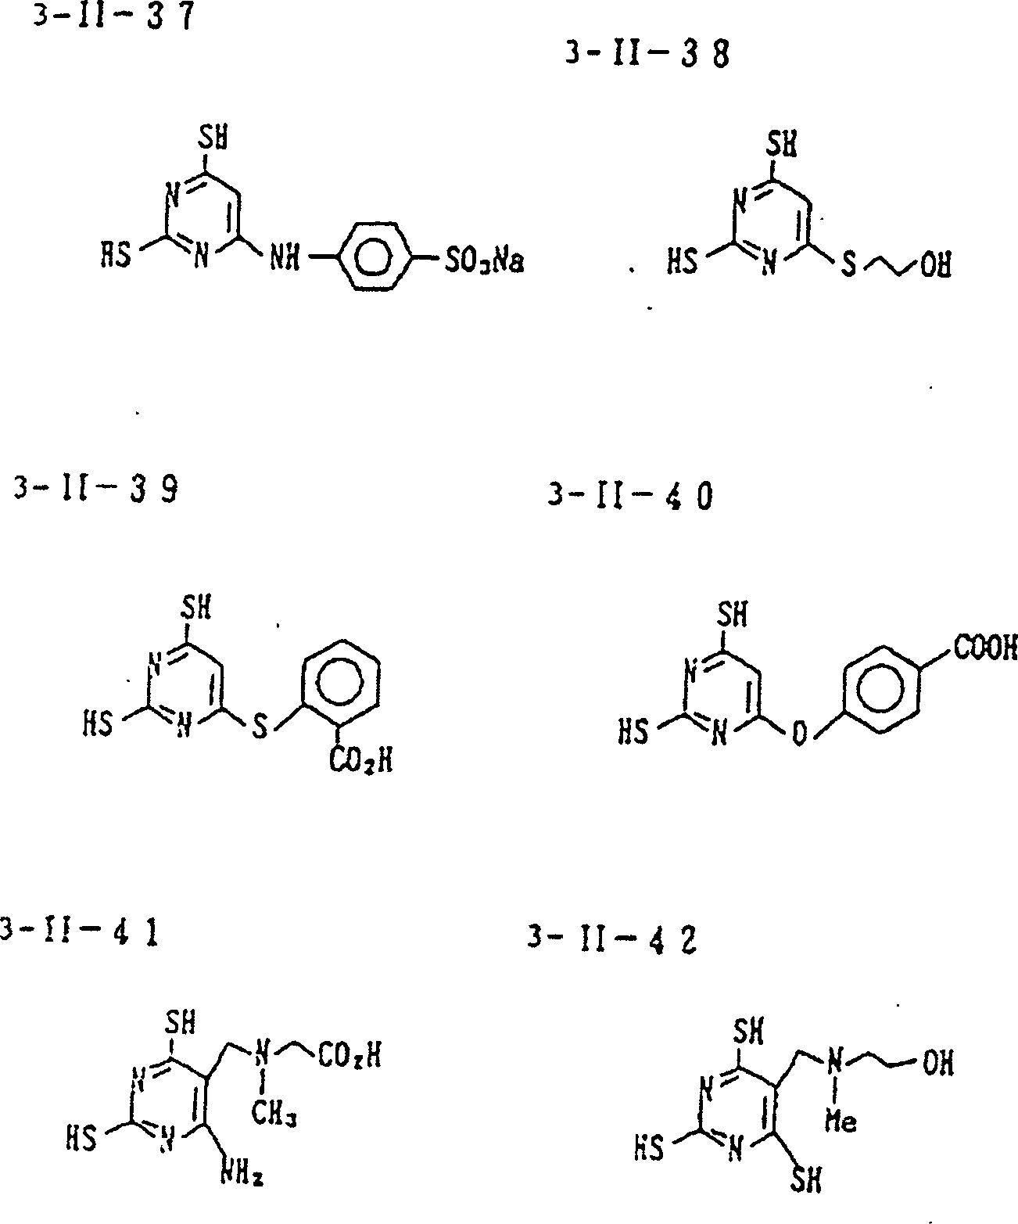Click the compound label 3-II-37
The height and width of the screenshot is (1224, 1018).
(110, 17)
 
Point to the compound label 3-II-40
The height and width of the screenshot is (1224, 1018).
(630, 497)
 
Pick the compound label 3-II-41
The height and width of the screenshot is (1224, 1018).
(79, 932)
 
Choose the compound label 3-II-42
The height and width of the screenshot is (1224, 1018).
(611, 939)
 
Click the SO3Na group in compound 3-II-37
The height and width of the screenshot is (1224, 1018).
(483, 259)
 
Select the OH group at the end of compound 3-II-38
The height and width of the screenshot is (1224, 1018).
(935, 266)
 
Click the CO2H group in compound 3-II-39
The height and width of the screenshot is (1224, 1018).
(359, 759)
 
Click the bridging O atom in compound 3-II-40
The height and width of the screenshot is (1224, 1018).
(798, 735)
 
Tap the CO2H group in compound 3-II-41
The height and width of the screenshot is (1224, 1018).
(349, 1058)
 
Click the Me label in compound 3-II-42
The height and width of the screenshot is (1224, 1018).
(841, 1122)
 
